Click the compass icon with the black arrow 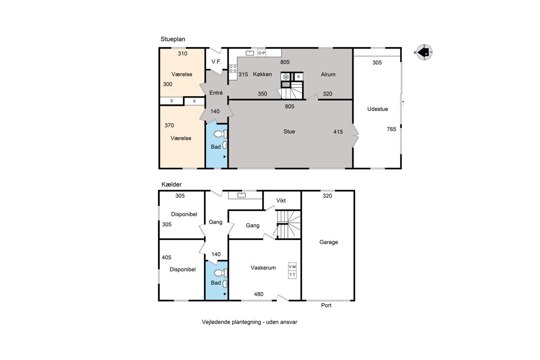click(x=424, y=52)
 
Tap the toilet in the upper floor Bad click(x=220, y=134)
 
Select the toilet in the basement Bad click(x=220, y=273)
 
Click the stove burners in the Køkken click(x=233, y=68)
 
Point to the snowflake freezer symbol click(x=286, y=77)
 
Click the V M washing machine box click(x=292, y=267)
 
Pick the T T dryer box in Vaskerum click(x=292, y=275)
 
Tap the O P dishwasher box click(x=261, y=53)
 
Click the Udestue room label click(x=378, y=109)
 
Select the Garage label click(x=328, y=242)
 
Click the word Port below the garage click(x=326, y=306)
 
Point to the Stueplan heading click(x=173, y=39)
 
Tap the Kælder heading click(x=171, y=184)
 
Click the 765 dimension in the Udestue click(x=391, y=129)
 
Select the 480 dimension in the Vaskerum click(x=259, y=294)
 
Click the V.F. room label click(x=216, y=62)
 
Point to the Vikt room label click(x=281, y=201)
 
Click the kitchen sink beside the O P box click(x=250, y=53)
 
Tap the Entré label click(x=216, y=93)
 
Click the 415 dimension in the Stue click(x=338, y=132)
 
